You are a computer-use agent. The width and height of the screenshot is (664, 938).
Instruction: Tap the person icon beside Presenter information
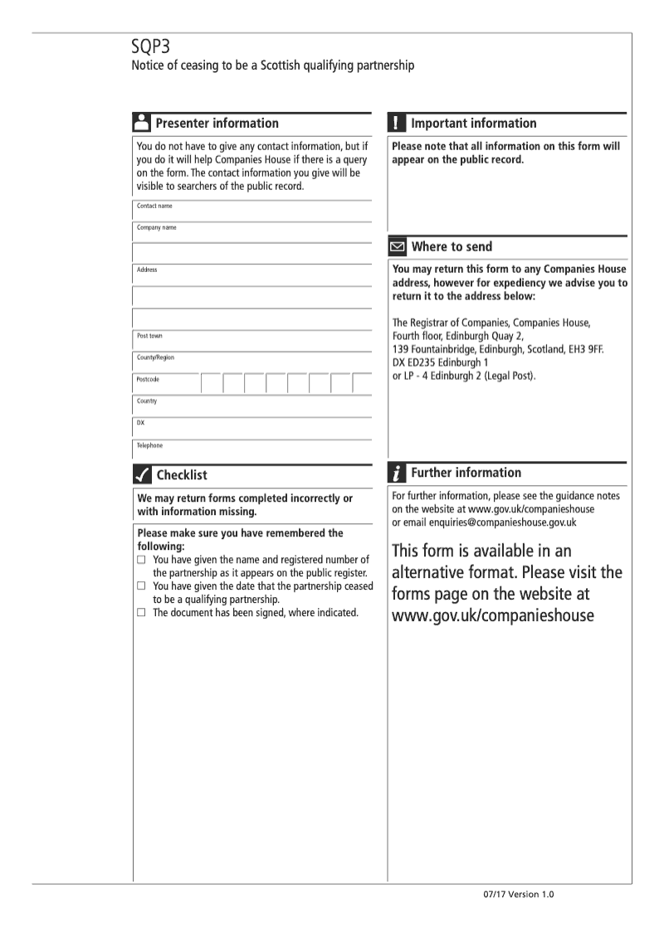[x=141, y=123]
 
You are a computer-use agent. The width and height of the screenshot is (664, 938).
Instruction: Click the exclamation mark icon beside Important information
[x=398, y=123]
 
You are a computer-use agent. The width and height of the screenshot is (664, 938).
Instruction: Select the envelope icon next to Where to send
[x=398, y=246]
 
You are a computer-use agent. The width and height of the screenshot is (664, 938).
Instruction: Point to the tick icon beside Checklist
[x=141, y=475]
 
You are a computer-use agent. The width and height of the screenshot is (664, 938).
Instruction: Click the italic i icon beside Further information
[x=398, y=473]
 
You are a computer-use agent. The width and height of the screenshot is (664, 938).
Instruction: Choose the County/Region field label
[x=156, y=357]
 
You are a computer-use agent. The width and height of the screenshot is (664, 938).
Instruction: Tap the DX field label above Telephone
[x=141, y=423]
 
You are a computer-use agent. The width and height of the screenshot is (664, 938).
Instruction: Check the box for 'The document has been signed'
[x=142, y=613]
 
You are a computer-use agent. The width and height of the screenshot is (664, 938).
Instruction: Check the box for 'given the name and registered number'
[x=142, y=560]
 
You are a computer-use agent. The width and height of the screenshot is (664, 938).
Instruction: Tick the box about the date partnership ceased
[x=142, y=586]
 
